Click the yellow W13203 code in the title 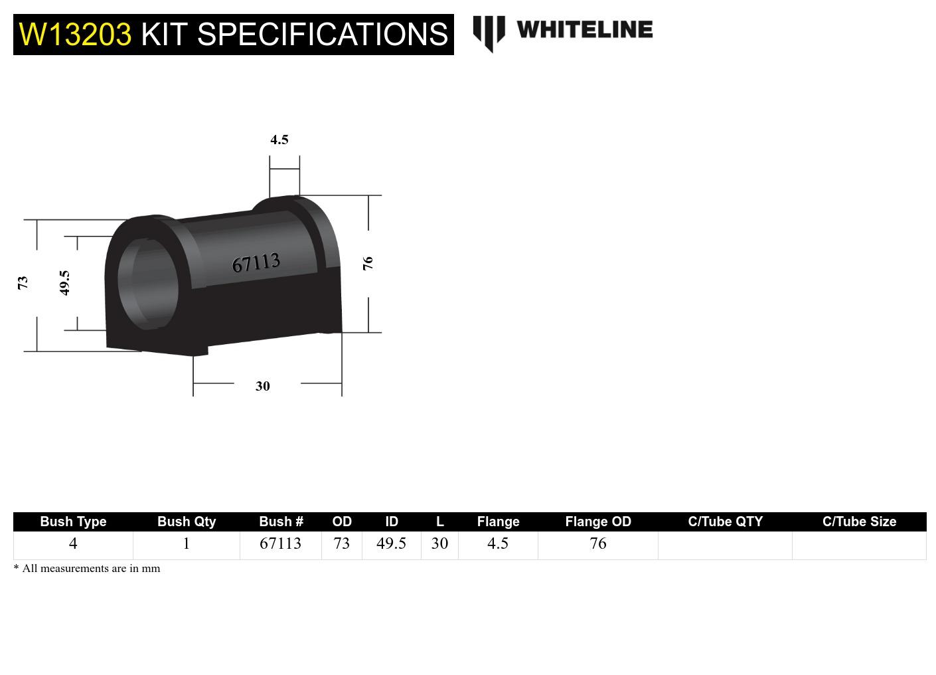click(75, 34)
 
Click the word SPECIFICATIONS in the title click(323, 34)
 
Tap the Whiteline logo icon click(489, 33)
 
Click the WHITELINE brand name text click(584, 30)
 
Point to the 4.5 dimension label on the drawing click(279, 140)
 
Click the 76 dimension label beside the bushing click(368, 263)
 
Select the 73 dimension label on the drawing click(23, 282)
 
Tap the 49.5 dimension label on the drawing click(64, 282)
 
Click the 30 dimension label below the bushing click(263, 386)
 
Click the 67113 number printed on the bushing click(256, 263)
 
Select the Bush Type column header click(73, 522)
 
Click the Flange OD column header click(597, 522)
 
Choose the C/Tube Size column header click(859, 522)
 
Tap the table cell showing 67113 click(280, 543)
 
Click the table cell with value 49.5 click(391, 543)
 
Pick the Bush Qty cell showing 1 click(187, 543)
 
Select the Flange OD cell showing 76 click(597, 543)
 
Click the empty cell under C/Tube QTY click(725, 545)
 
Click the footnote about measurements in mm click(87, 569)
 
